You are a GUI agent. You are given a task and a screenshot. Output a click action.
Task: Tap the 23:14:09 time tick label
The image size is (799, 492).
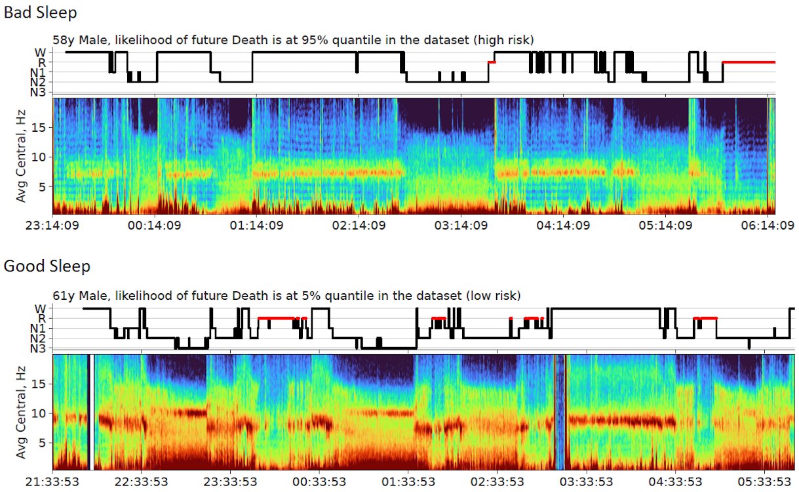pyautogui.click(x=52, y=226)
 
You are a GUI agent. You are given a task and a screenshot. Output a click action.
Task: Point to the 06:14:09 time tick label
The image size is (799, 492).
pyautogui.click(x=768, y=226)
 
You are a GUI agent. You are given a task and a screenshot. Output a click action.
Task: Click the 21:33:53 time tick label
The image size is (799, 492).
pyautogui.click(x=52, y=482)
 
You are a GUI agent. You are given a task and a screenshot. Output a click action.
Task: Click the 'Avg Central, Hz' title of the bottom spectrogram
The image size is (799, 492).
pyautogui.click(x=20, y=413)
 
